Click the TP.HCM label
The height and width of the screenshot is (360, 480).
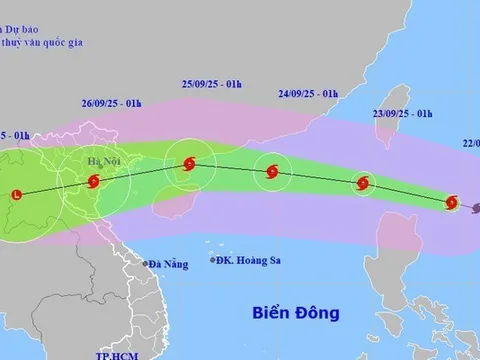114,354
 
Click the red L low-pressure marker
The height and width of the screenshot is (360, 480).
17,194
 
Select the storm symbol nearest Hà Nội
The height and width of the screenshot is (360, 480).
93,182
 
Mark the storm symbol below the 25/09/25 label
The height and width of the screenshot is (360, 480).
189,164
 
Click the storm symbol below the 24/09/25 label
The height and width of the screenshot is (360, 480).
270,173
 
